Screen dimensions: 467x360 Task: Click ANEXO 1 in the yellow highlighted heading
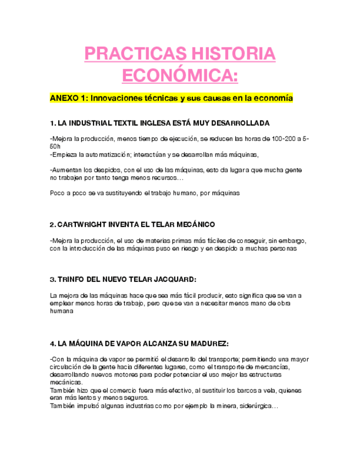click(68, 98)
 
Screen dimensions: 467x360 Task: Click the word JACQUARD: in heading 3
click(174, 279)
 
